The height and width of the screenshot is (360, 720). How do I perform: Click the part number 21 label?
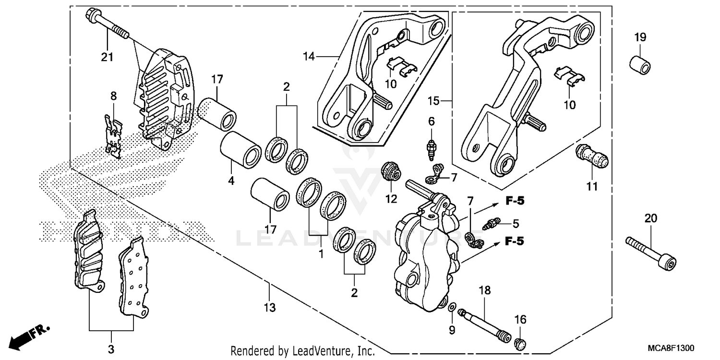coord(107,57)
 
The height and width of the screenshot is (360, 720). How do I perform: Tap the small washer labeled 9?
coord(452,306)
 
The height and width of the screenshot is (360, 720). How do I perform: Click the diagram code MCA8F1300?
coord(670,348)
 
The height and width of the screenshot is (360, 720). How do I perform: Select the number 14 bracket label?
coord(308,57)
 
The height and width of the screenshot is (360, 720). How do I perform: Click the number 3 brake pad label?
coord(111,350)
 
